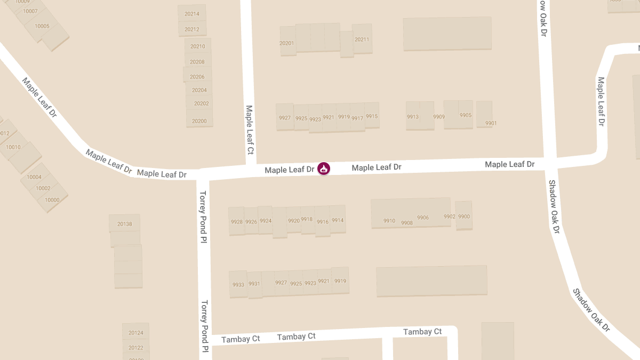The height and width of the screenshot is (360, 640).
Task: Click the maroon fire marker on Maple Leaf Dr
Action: (x=323, y=169)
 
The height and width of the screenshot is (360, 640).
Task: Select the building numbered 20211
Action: (x=362, y=39)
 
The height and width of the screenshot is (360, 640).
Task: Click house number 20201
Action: (x=287, y=43)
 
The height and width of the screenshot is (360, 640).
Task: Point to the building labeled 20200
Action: (x=199, y=121)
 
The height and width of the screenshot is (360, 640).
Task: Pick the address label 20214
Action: (x=192, y=14)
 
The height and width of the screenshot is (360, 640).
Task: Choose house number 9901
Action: (x=491, y=123)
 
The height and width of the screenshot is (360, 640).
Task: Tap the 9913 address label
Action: (x=413, y=117)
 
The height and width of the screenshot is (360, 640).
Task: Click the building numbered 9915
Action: (x=372, y=116)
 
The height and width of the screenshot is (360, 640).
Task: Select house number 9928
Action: (x=236, y=222)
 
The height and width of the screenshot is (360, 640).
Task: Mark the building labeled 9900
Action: (x=464, y=217)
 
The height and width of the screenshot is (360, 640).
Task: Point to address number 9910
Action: (x=389, y=221)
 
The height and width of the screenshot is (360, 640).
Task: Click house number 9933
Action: (x=238, y=285)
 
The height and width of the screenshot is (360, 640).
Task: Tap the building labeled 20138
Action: (x=125, y=224)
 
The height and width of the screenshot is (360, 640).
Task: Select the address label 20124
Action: (x=136, y=333)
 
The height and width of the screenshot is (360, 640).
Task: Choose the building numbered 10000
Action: (x=52, y=200)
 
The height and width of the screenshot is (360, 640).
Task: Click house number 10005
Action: (x=42, y=26)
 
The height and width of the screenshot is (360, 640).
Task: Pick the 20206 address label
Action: (x=197, y=77)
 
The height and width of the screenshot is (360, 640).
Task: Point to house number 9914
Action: (x=338, y=220)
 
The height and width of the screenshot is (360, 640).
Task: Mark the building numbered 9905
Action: (x=466, y=115)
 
